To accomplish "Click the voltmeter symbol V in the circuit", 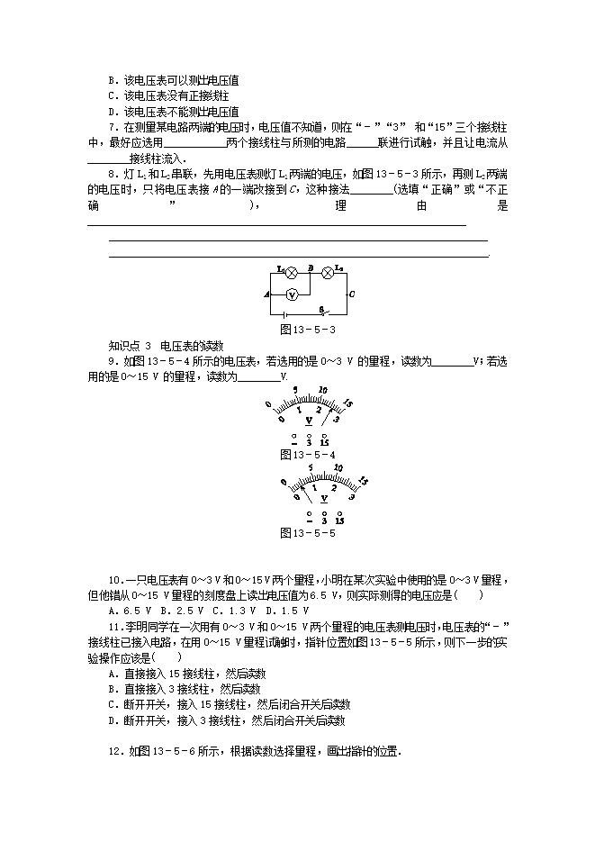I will (x=292, y=294).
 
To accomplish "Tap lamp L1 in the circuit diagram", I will (x=291, y=271).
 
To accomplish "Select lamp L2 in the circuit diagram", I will (x=329, y=271).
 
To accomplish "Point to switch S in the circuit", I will (x=321, y=312).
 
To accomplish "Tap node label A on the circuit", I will (x=266, y=294).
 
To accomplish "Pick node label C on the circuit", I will (x=351, y=294).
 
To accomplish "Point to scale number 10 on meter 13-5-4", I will (x=322, y=391).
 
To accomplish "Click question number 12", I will (x=113, y=751).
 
